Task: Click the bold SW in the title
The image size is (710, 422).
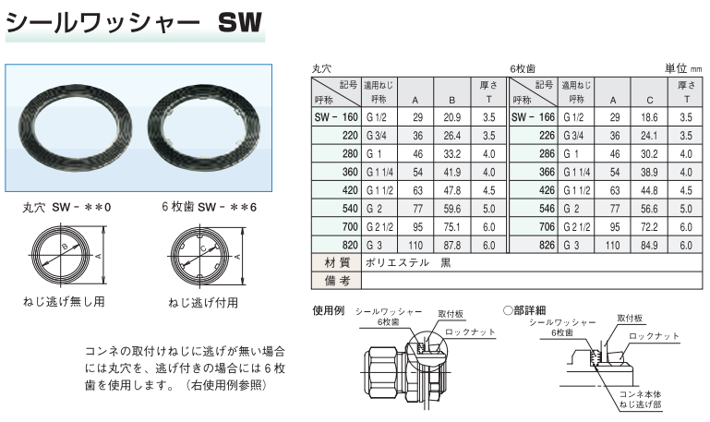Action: click(240, 22)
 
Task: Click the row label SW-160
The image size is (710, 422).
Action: click(336, 117)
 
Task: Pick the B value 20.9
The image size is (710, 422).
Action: click(451, 117)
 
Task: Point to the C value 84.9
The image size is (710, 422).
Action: click(649, 246)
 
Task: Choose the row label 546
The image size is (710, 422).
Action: click(547, 209)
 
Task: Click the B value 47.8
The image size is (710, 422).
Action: click(451, 190)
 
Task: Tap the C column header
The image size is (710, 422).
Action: click(649, 100)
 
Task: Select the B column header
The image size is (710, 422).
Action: click(451, 100)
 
